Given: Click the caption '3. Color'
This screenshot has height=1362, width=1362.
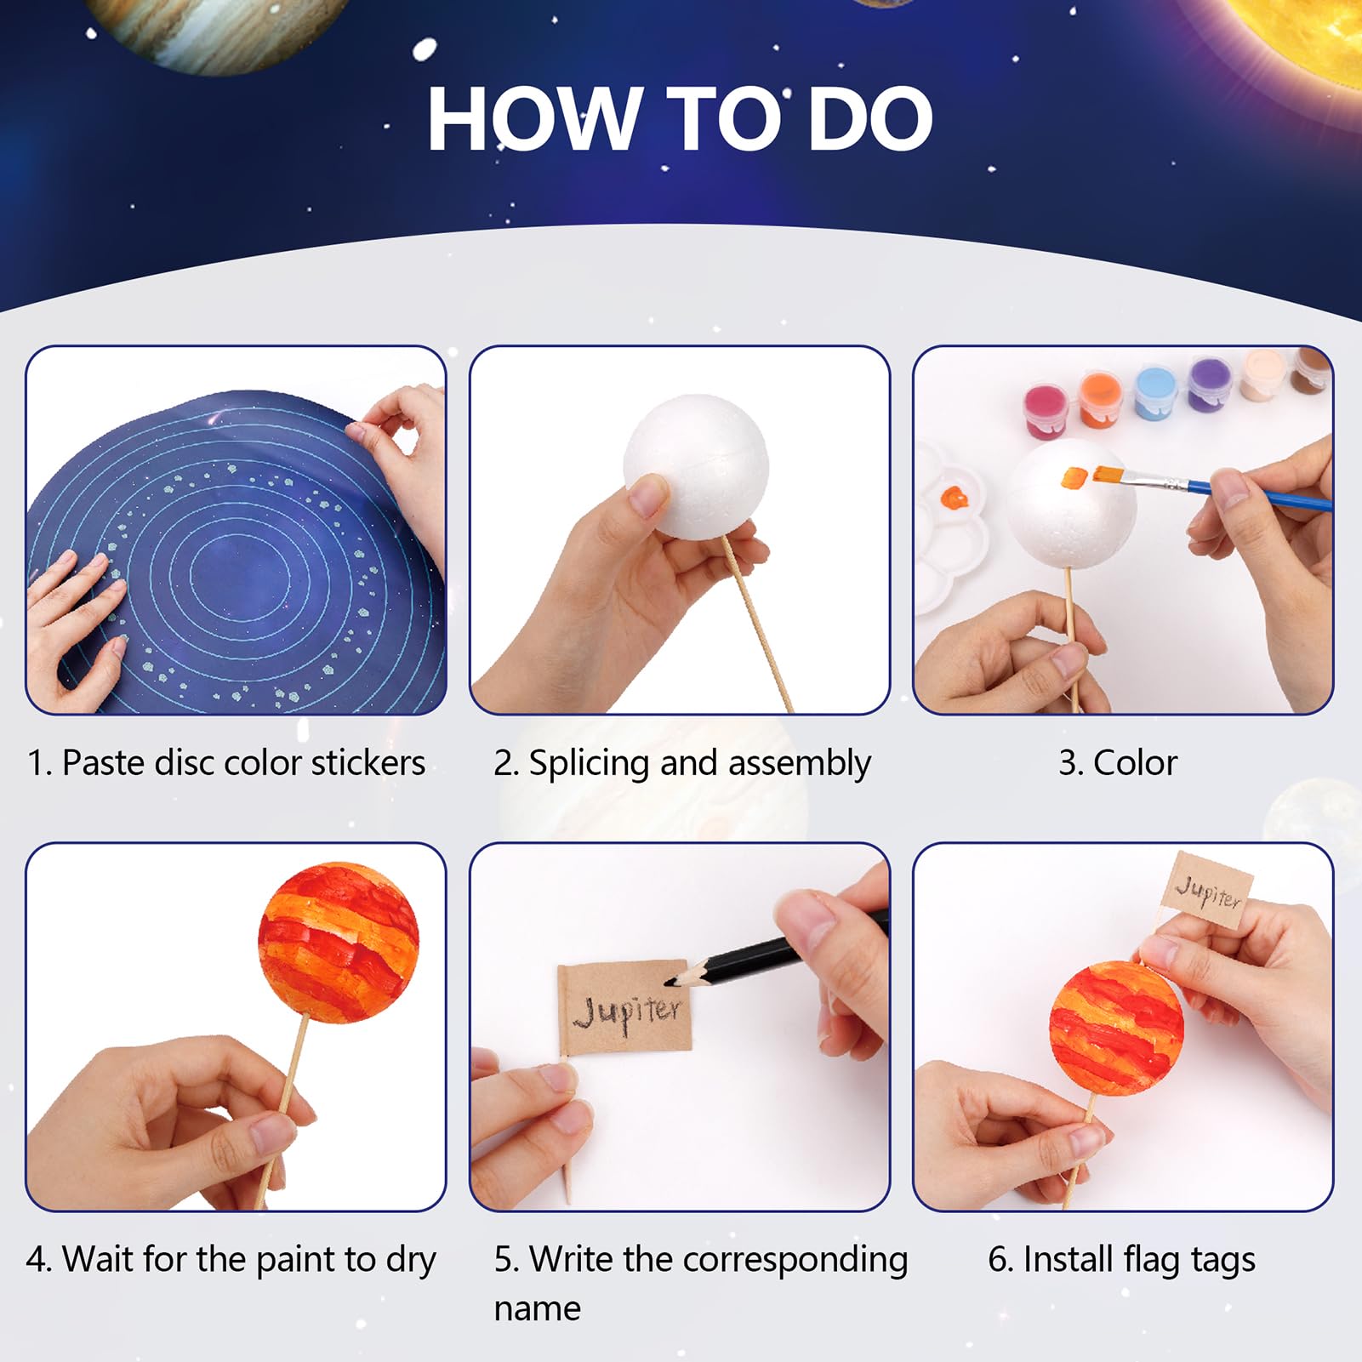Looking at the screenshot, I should point(1117,762).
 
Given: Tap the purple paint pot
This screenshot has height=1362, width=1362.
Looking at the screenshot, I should point(1208,385).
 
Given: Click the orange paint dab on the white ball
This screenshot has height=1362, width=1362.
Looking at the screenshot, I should point(1074,478).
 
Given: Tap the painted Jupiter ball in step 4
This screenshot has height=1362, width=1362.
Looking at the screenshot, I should point(339,942).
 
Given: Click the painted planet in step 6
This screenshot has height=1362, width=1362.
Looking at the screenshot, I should point(1115,1027).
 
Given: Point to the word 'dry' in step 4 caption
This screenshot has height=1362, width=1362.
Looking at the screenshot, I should point(410,1260).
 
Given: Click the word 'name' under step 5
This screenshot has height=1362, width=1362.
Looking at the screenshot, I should point(537,1308).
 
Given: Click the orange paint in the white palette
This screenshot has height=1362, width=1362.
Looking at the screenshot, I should point(955,496).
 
